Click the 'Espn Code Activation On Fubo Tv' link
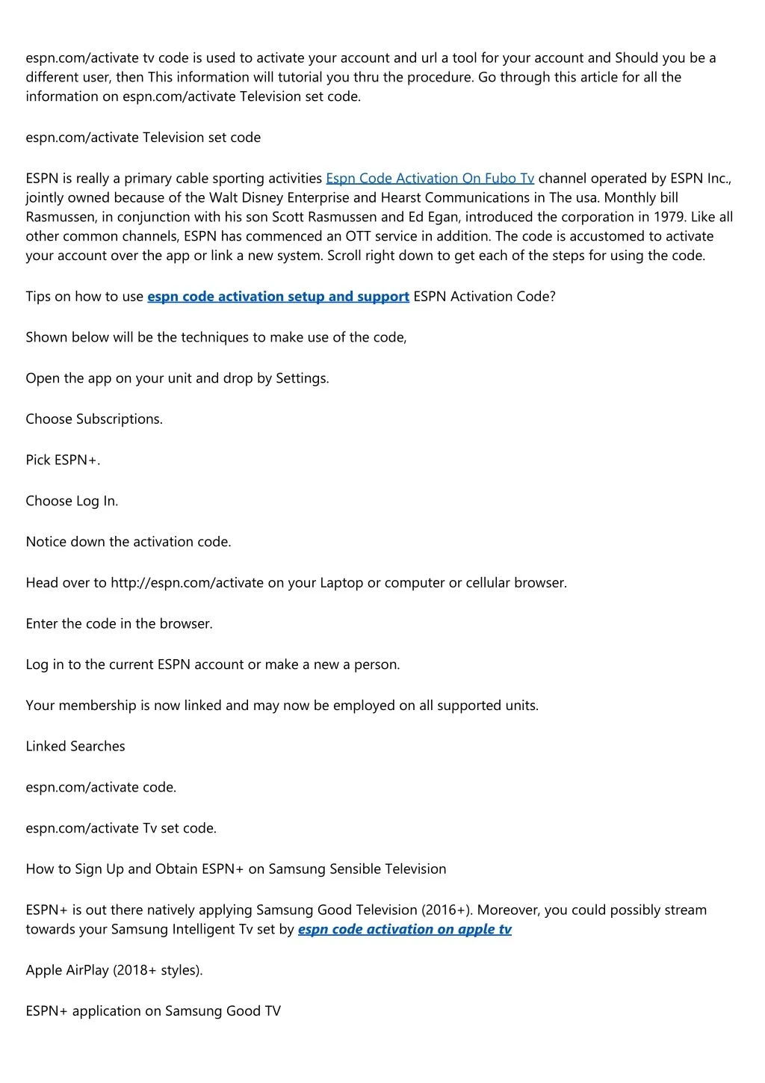[x=430, y=179]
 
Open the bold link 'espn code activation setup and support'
[x=278, y=297]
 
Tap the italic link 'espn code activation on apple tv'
[x=404, y=930]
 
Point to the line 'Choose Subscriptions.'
[x=94, y=419]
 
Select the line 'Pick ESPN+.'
[x=63, y=460]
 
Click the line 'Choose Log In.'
[x=72, y=502]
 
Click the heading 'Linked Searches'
[x=75, y=747]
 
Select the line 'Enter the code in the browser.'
[x=119, y=624]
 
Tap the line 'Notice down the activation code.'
[x=128, y=542]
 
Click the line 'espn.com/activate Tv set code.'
[x=121, y=828]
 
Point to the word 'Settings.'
[x=303, y=379]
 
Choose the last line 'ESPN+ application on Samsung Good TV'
[x=153, y=1011]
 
